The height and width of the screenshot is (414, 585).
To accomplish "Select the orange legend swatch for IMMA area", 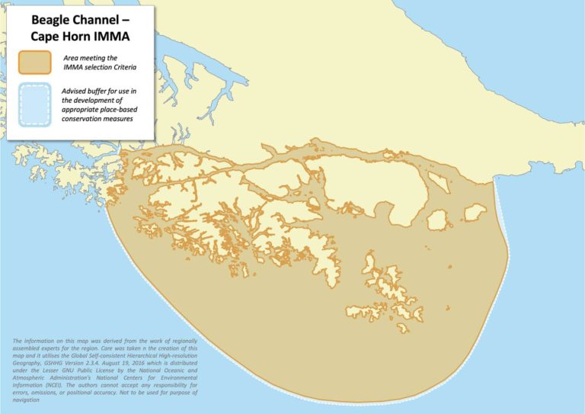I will point(35,63).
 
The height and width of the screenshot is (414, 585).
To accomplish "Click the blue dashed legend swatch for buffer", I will point(35,104).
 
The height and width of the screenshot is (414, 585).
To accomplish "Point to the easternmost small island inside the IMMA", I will point(475,212).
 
